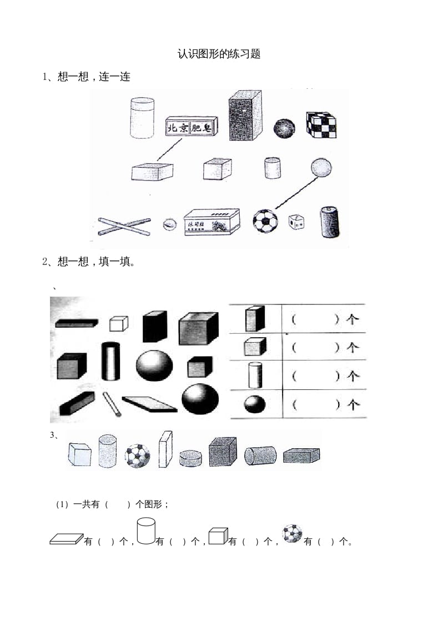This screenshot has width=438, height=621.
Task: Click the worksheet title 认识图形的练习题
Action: coord(219,54)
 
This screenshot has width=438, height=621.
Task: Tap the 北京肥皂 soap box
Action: coord(192,127)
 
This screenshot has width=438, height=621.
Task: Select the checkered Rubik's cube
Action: coord(322,126)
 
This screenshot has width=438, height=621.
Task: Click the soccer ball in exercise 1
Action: coord(266,221)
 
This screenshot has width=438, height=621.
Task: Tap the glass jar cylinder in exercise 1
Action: coord(142,117)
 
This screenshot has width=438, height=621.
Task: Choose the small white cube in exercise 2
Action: coord(118,323)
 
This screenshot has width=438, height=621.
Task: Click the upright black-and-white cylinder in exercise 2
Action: coord(110,361)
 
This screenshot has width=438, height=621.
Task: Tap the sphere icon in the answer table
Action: coord(254,404)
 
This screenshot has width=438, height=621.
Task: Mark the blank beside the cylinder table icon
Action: coord(315,376)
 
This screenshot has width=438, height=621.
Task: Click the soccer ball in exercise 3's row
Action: coord(137,455)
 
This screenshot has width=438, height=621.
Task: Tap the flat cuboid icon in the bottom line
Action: coord(66,538)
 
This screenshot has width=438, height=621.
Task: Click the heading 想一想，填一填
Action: coord(89,262)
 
